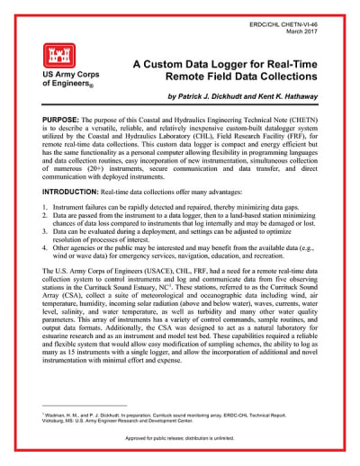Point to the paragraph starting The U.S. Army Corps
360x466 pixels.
pyautogui.click(x=180, y=334)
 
